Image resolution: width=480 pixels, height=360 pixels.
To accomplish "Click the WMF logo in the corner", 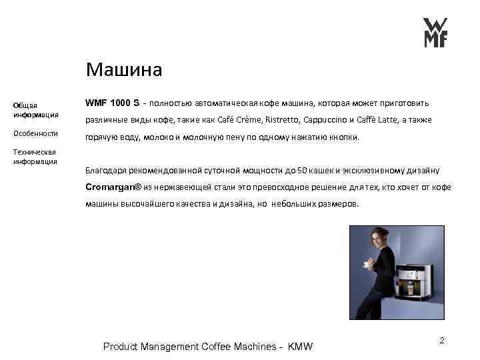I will pyautogui.click(x=436, y=32).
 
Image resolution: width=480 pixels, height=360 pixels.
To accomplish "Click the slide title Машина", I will pyautogui.click(x=125, y=69).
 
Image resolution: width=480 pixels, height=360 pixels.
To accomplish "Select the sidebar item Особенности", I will pyautogui.click(x=36, y=133).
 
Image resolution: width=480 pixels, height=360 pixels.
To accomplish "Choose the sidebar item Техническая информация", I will pyautogui.click(x=36, y=157).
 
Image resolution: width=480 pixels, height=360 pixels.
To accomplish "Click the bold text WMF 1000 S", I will pyautogui.click(x=113, y=103).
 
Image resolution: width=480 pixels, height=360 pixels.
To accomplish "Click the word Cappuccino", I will pyautogui.click(x=325, y=121).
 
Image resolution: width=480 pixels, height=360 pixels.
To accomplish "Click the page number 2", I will pyautogui.click(x=441, y=341).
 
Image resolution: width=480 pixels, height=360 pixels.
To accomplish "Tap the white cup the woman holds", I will pyautogui.click(x=366, y=265).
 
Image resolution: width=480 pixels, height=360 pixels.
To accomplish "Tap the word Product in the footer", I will pyautogui.click(x=122, y=347).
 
